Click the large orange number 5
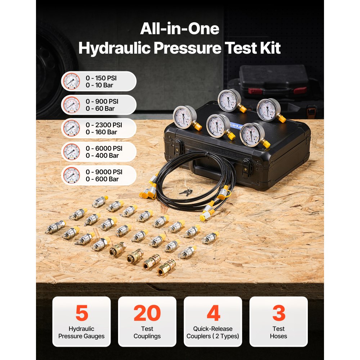pos(81,313)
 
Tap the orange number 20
pos(147,313)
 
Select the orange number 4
pos(213,313)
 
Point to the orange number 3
pos(279,313)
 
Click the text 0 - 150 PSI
pos(101,78)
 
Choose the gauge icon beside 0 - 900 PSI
pos(71,104)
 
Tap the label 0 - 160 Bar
pos(101,132)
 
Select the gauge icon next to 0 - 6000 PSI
pos(71,152)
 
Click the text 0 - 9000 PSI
pos(104,172)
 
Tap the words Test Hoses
pos(279,332)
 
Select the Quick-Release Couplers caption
pos(213,332)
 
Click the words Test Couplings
pos(147,332)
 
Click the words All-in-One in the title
pos(179,29)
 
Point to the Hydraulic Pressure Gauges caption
pos(81,332)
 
